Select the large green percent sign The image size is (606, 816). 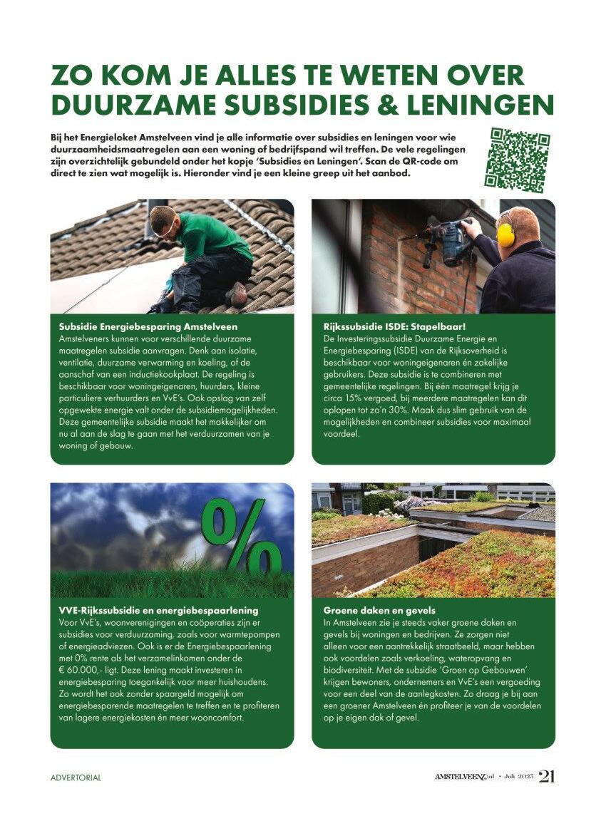tap(236, 537)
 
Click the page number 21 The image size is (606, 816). tap(546, 776)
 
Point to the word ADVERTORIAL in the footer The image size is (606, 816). tap(76, 778)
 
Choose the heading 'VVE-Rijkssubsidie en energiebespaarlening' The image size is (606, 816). tap(158, 611)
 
